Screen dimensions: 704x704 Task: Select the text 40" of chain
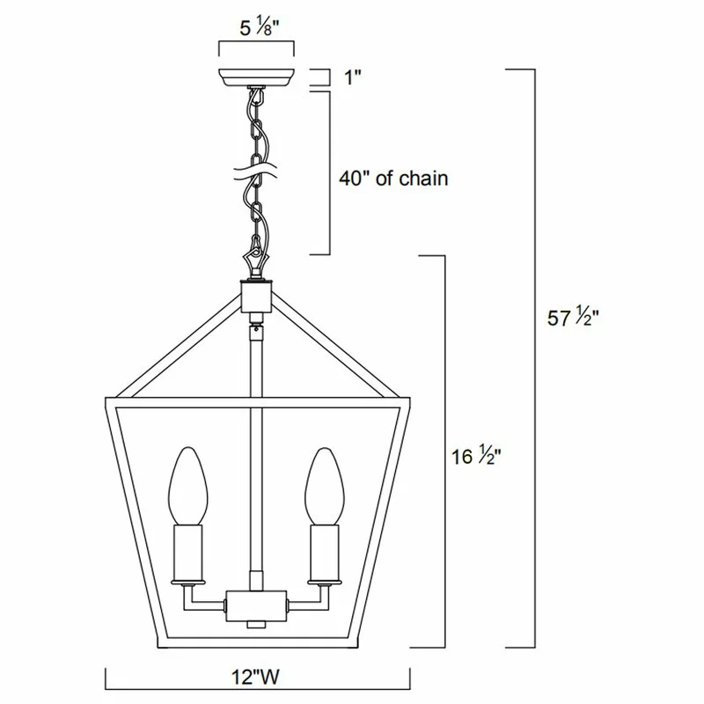[x=393, y=179]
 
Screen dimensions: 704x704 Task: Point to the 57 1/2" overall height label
[x=573, y=319]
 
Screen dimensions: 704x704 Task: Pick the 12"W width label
[x=256, y=677]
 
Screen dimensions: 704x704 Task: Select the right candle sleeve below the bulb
[x=325, y=550]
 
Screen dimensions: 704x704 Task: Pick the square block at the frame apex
[x=255, y=297]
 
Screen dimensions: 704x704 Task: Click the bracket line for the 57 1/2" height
[x=534, y=352]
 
